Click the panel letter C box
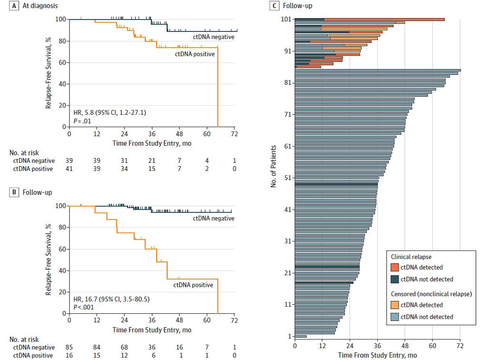pyautogui.click(x=273, y=6)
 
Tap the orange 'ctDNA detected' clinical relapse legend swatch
pyautogui.click(x=394, y=267)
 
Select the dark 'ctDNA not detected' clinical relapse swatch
pyautogui.click(x=394, y=279)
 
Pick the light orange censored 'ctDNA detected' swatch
pyautogui.click(x=394, y=305)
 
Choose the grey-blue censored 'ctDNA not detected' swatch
pyautogui.click(x=394, y=317)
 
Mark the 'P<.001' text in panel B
pyautogui.click(x=83, y=308)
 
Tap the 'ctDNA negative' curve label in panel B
pyautogui.click(x=214, y=218)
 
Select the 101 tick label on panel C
pyautogui.click(x=286, y=20)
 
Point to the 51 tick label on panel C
pyautogui.click(x=287, y=178)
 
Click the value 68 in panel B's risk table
pyautogui.click(x=124, y=347)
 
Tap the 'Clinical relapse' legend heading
pyautogui.click(x=411, y=257)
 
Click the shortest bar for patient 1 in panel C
pyautogui.click(x=300, y=336)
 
